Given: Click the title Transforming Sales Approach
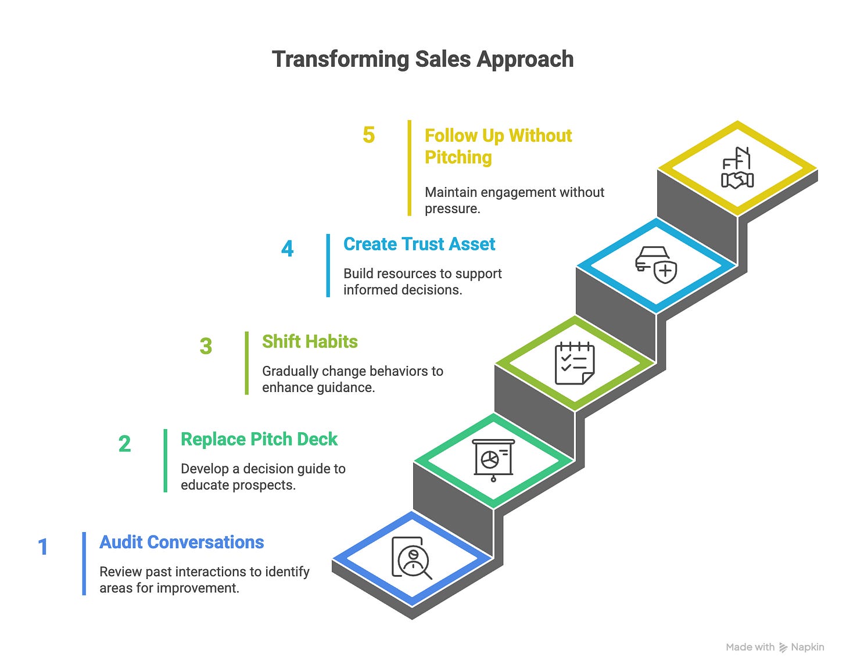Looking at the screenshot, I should [422, 59].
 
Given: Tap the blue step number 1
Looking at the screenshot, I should [43, 547].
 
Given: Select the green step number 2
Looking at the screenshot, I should [124, 444].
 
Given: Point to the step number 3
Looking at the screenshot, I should [206, 347].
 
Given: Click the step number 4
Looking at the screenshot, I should [287, 249].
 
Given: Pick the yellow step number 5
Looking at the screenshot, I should [368, 135].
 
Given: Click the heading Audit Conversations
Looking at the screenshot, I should [181, 542].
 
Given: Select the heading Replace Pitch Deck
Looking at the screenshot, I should [259, 439].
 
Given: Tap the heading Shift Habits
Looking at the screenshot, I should [310, 342].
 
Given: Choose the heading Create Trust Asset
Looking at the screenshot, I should [419, 244].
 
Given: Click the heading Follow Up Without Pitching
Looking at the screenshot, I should [498, 146].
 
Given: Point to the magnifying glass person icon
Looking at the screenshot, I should [412, 559].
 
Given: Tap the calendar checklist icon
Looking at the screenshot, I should [575, 364].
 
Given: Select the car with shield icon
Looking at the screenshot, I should [656, 265].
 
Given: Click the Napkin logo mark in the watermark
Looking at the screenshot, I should [783, 647].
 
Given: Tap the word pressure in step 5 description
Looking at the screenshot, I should [452, 209].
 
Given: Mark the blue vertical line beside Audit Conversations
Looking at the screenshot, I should [84, 563].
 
